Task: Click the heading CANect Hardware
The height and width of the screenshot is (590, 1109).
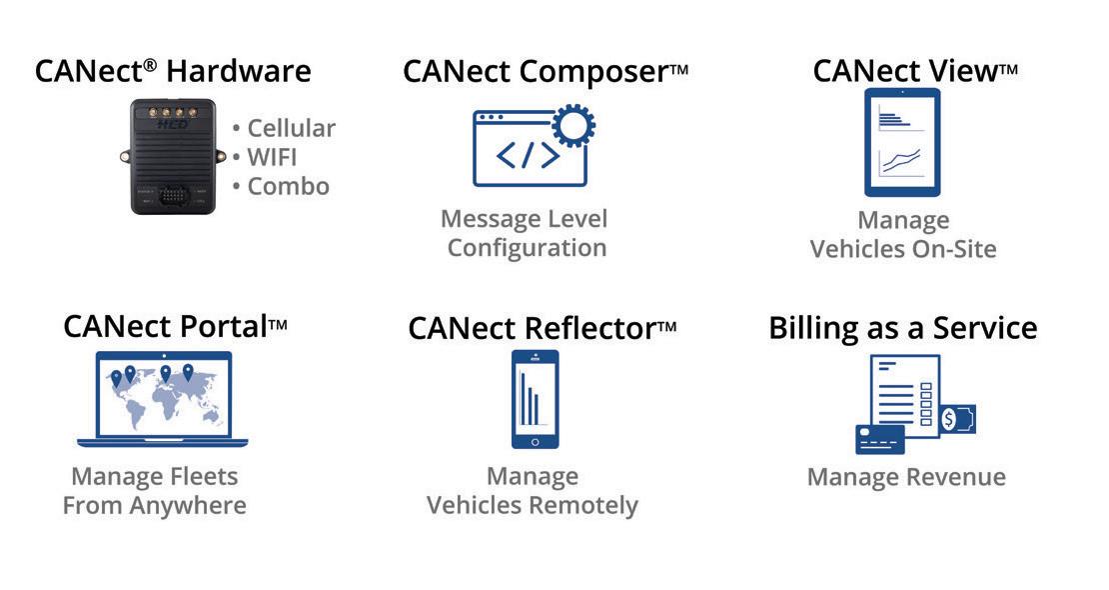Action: tap(173, 71)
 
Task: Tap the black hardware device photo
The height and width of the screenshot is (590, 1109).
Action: tap(172, 156)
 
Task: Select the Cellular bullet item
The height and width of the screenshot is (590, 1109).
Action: tap(284, 128)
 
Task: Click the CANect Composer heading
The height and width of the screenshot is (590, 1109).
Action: tap(546, 72)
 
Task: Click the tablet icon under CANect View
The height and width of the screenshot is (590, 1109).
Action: tap(903, 142)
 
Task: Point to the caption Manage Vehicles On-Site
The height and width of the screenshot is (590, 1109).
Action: tap(903, 234)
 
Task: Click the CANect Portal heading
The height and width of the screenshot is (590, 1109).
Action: tap(175, 327)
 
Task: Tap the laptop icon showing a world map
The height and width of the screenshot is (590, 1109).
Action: tap(163, 397)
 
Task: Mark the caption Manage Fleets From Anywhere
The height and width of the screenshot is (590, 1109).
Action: tap(155, 491)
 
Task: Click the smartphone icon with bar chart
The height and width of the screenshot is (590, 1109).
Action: tap(535, 399)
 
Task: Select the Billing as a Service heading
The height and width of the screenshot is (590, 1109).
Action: tap(903, 328)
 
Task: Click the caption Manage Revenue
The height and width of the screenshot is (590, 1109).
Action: tap(906, 477)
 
